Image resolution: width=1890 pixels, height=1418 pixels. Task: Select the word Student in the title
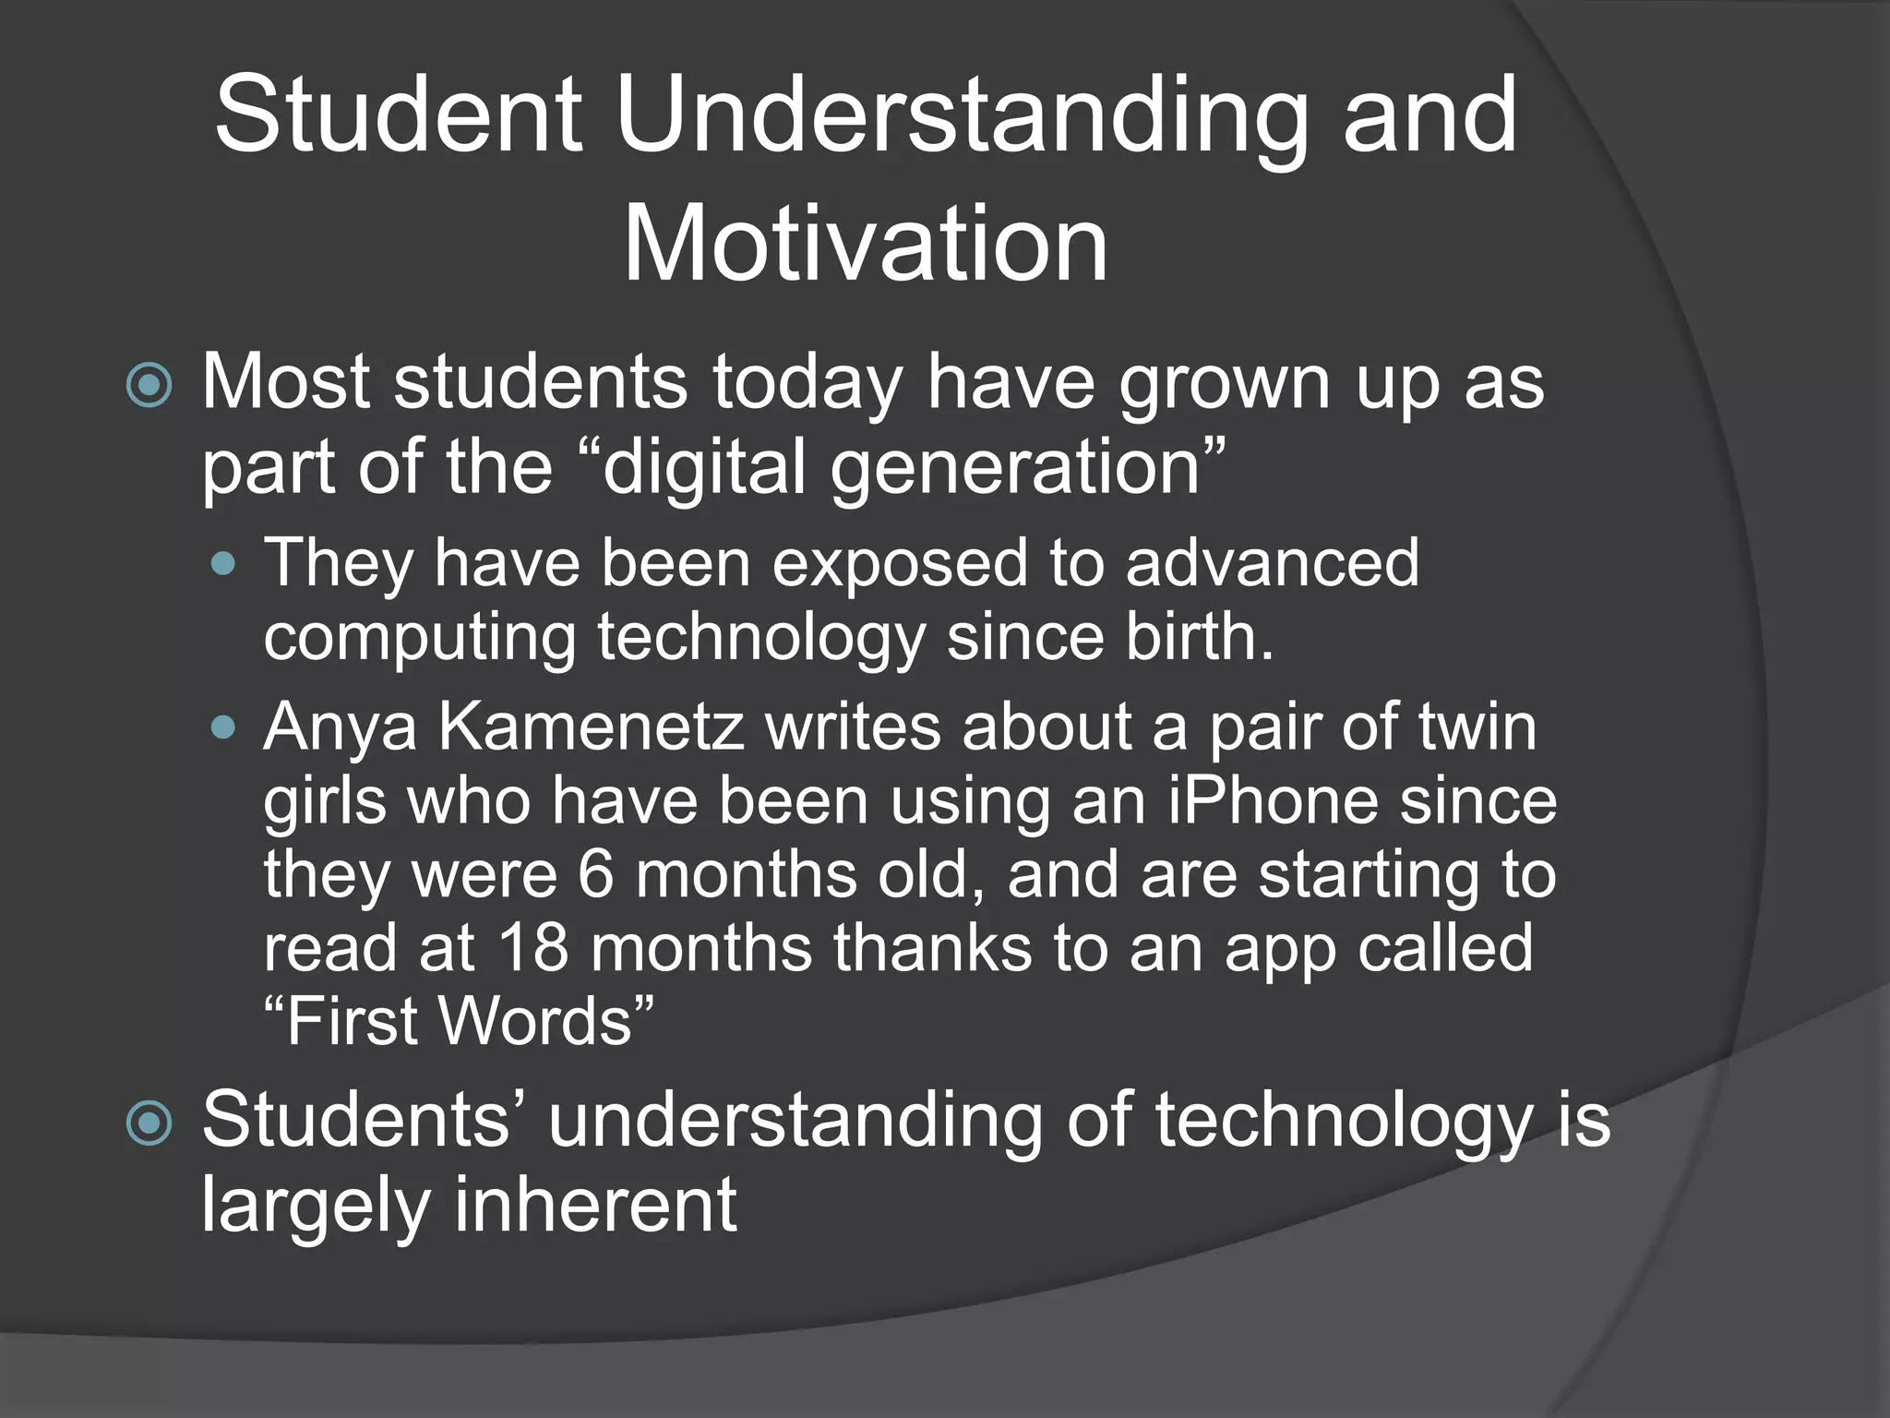[x=399, y=116]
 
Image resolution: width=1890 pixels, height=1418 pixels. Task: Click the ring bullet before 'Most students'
[x=149, y=385]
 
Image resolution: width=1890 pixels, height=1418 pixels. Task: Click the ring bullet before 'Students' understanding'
[x=149, y=1124]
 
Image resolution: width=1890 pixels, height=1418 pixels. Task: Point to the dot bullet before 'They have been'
[x=223, y=563]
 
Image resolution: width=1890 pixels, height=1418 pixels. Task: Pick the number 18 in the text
[x=533, y=948]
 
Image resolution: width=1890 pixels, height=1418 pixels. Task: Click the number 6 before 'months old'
[x=596, y=874]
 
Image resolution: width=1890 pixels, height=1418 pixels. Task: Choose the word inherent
[x=594, y=1205]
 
